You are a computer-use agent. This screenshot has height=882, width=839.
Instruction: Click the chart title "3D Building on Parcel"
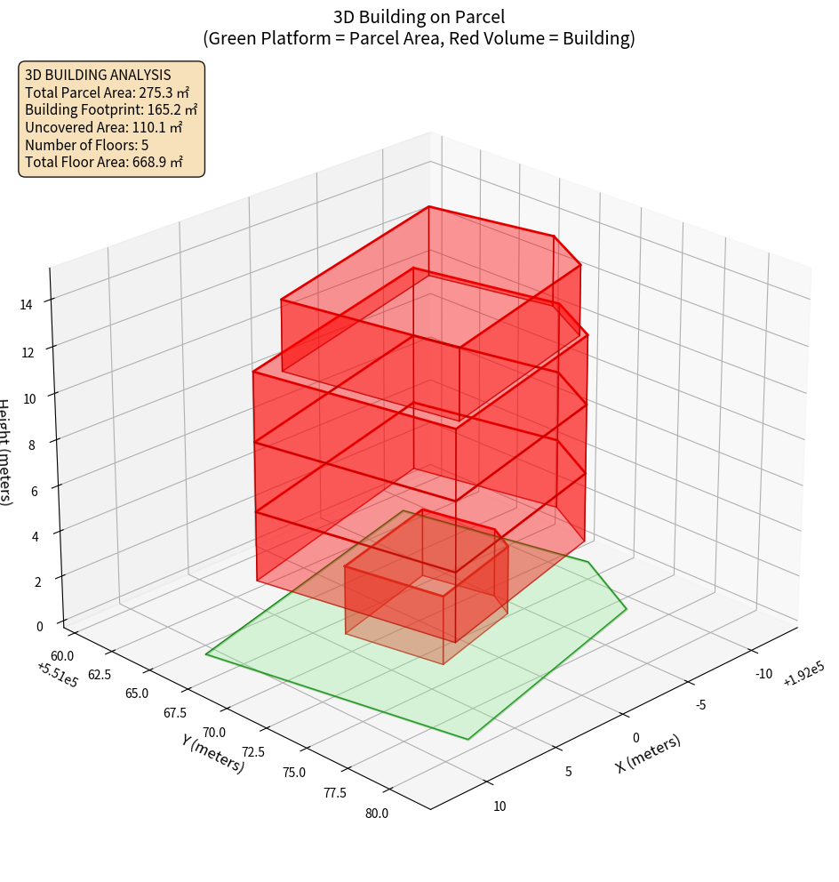419,16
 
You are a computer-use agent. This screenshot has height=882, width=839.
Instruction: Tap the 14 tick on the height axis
27,304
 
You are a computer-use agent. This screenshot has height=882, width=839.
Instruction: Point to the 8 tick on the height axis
31,445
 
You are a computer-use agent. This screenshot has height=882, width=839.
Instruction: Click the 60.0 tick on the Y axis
63,655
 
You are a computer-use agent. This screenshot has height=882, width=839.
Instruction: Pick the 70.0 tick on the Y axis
214,732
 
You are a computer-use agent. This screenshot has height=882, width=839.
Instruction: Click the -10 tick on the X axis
763,673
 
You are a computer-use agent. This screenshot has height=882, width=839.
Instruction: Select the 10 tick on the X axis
499,806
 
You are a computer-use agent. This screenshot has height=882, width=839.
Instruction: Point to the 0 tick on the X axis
635,737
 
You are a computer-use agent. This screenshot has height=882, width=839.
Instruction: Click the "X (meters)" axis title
648,754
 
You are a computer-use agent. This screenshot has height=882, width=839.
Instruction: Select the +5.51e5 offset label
57,674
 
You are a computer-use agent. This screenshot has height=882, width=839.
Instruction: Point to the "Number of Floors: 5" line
86,144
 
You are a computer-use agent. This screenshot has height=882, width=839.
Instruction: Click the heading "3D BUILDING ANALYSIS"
98,75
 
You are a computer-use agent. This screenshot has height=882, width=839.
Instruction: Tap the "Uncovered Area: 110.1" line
108,127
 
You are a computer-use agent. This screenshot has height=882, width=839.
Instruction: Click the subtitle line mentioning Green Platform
419,38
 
